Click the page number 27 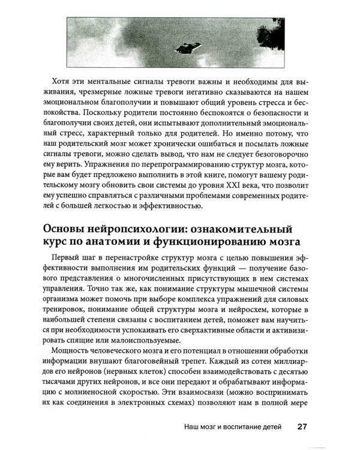(302, 428)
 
